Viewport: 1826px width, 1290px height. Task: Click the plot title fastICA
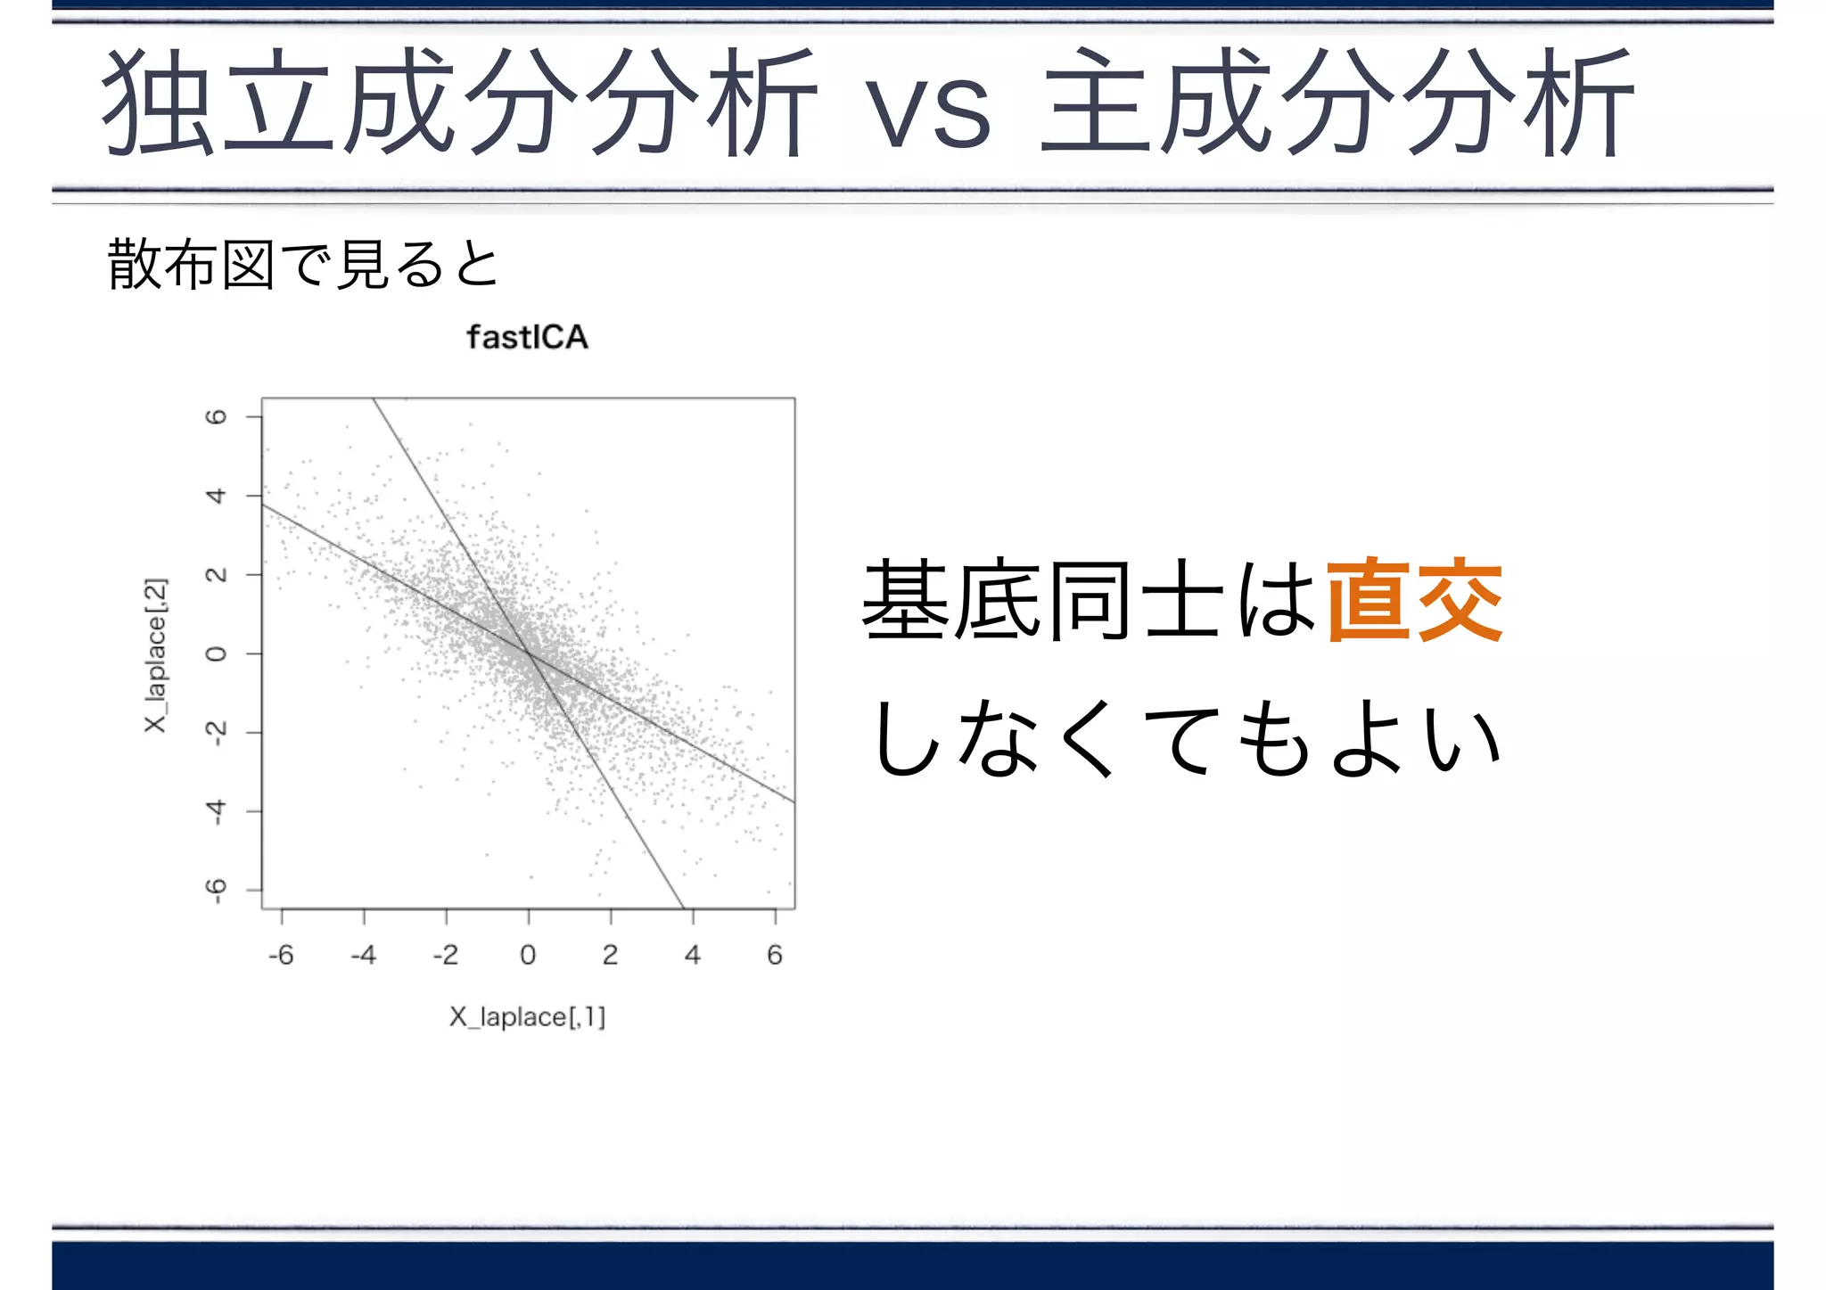[x=527, y=338]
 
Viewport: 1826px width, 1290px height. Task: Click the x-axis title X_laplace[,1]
[x=527, y=1016]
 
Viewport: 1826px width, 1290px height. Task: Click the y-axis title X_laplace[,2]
[x=156, y=655]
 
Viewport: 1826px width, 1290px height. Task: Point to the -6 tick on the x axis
[x=281, y=955]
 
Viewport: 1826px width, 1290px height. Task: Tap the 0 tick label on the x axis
[x=528, y=955]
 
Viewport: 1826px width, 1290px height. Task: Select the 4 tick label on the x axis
[x=693, y=955]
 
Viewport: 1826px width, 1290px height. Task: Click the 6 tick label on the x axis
[x=775, y=955]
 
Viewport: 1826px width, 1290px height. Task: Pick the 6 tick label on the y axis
[x=216, y=417]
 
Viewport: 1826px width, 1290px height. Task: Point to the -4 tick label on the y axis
[x=216, y=811]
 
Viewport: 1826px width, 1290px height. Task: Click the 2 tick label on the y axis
[x=216, y=575]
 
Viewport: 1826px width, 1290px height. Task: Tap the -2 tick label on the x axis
[x=446, y=955]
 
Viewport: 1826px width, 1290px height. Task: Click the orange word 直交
[x=1415, y=600]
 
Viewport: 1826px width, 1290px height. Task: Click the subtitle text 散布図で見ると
[x=303, y=265]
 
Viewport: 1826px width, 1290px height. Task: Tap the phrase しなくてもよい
[x=1186, y=738]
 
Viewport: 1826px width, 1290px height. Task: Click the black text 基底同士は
[x=1090, y=600]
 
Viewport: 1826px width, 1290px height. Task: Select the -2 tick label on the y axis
[x=216, y=733]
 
